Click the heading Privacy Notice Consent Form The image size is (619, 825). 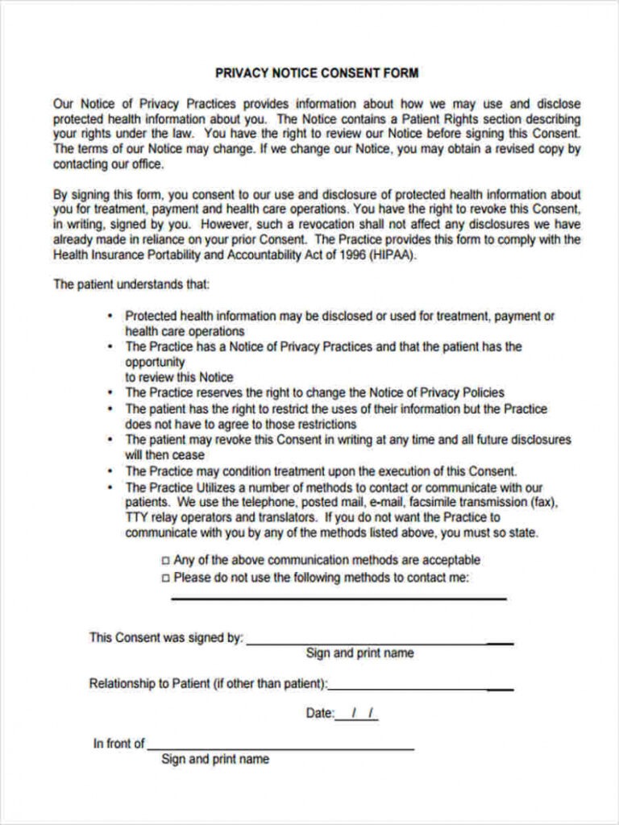(x=317, y=73)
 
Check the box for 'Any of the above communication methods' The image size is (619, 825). (x=166, y=561)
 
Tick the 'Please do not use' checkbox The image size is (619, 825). (x=166, y=578)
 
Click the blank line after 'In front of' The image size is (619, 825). (x=280, y=748)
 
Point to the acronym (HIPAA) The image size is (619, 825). (x=393, y=255)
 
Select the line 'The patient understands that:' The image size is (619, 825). (x=131, y=284)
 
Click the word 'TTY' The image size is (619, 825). (x=137, y=518)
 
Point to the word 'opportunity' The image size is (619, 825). (x=155, y=363)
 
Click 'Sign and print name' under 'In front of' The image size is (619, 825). (x=215, y=760)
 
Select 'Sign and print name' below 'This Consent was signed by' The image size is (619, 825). (x=359, y=653)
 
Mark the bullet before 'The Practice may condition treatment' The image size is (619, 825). (x=110, y=472)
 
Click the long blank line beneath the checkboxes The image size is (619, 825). (x=339, y=599)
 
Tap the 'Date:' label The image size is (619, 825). (x=320, y=714)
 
